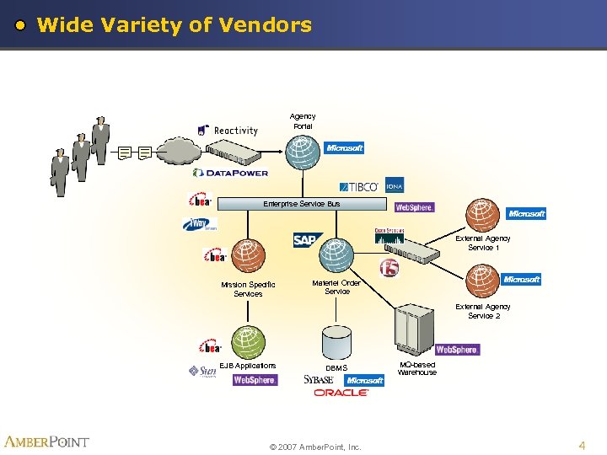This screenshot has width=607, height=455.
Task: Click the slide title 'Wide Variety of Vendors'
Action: pyautogui.click(x=175, y=25)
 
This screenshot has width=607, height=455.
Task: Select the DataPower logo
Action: pyautogui.click(x=230, y=173)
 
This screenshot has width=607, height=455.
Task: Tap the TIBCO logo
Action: pyautogui.click(x=361, y=186)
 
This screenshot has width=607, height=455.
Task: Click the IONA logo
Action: pyautogui.click(x=395, y=186)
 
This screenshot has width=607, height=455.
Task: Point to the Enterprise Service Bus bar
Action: pyautogui.click(x=301, y=204)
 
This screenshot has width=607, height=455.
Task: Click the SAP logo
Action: pyautogui.click(x=305, y=241)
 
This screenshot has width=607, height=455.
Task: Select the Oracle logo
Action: pyautogui.click(x=341, y=393)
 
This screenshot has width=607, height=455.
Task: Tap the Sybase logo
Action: pyautogui.click(x=319, y=380)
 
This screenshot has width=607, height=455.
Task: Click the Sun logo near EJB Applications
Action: pyautogui.click(x=202, y=372)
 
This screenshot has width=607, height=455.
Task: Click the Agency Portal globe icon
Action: pyautogui.click(x=303, y=153)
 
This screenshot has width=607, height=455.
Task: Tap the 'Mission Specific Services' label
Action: pyautogui.click(x=248, y=289)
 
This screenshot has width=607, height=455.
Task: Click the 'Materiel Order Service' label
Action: pyautogui.click(x=336, y=287)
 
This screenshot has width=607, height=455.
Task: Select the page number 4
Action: pyautogui.click(x=581, y=444)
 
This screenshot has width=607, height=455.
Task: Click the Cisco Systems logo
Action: pyautogui.click(x=389, y=231)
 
